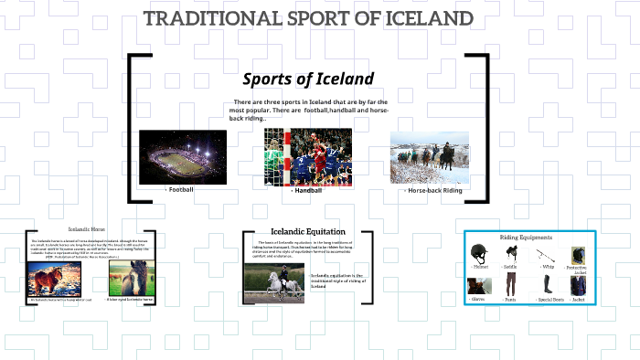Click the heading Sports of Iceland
pyautogui.click(x=308, y=79)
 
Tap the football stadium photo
pyautogui.click(x=183, y=155)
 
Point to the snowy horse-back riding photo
pyautogui.click(x=430, y=158)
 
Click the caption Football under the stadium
pyautogui.click(x=180, y=189)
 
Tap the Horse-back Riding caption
pyautogui.click(x=434, y=190)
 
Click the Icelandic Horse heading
pyautogui.click(x=87, y=228)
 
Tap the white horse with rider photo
pyautogui.click(x=274, y=283)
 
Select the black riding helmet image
pyautogui.click(x=477, y=254)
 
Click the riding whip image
pyautogui.click(x=546, y=255)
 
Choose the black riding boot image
pyautogui.click(x=545, y=287)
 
